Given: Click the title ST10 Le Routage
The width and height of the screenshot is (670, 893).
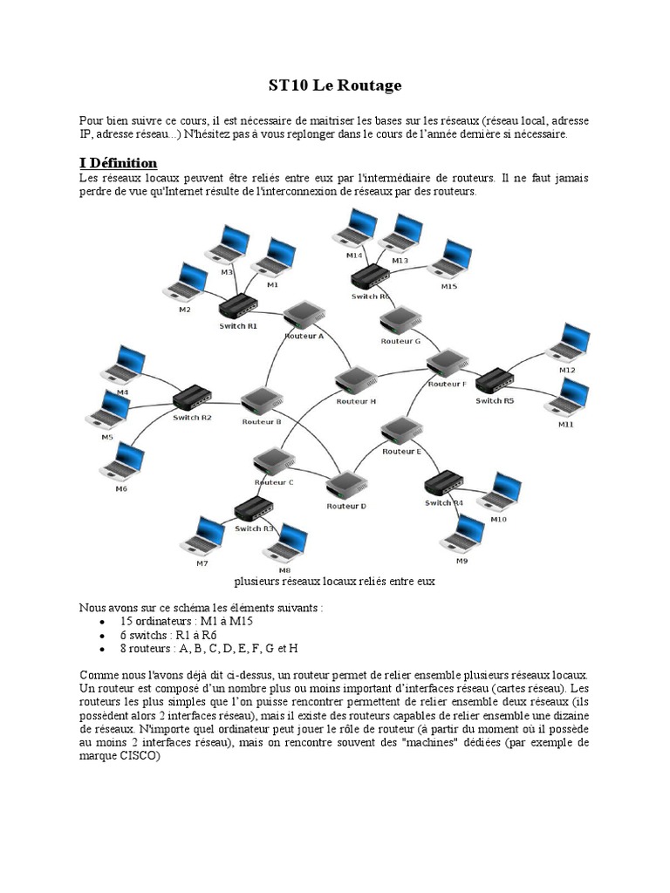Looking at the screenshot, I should pos(334,85).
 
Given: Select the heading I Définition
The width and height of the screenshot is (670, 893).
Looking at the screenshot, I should pos(118,163).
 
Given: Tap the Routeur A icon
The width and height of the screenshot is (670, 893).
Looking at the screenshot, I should pos(304,316).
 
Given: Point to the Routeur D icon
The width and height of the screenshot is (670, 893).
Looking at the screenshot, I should pos(346,485).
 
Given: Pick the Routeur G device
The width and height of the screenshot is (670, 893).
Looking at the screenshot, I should pos(400,321).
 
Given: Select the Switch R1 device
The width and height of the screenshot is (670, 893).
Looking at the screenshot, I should pos(237,306).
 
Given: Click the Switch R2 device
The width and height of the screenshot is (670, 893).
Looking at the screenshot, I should pos(192,398).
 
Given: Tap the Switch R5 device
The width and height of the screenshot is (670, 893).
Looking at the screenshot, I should pos(495,379).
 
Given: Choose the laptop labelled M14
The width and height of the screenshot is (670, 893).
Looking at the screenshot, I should pos(355,229).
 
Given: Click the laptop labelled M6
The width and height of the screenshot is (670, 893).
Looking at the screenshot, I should pos(123,461).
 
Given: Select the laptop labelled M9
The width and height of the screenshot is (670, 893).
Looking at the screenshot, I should pos(463,534).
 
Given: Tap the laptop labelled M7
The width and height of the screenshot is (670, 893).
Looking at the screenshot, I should pos(202,536).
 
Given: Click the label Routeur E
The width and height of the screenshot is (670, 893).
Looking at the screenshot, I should pos(401,452).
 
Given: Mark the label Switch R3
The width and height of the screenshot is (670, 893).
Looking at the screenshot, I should pos(255,528).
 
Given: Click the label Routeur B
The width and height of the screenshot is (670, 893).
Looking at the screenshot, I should pos(261,421).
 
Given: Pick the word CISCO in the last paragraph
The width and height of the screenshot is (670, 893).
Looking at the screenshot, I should pos(141,757).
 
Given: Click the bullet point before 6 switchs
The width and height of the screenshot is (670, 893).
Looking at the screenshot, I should pos(103,635).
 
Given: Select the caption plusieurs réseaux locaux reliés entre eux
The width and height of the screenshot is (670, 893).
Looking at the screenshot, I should pos(335,581).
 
